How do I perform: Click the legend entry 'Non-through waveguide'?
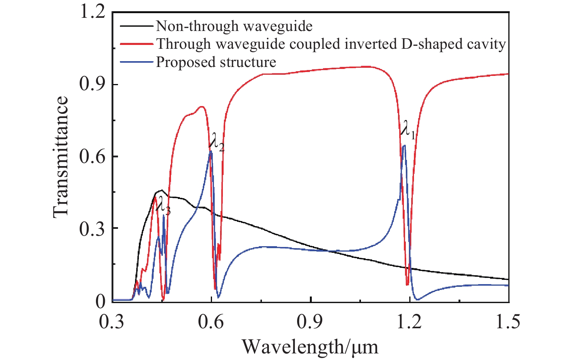[234, 26]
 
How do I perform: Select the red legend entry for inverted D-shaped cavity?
[331, 44]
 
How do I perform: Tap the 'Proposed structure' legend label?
[216, 62]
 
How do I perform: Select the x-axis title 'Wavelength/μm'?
[310, 346]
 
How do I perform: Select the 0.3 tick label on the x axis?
[112, 322]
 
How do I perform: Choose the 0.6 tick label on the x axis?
[211, 322]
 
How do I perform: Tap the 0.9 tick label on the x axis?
[310, 322]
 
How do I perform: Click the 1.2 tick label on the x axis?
[410, 322]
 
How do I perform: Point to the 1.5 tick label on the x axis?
[508, 322]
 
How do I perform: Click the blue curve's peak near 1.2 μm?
[404, 146]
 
